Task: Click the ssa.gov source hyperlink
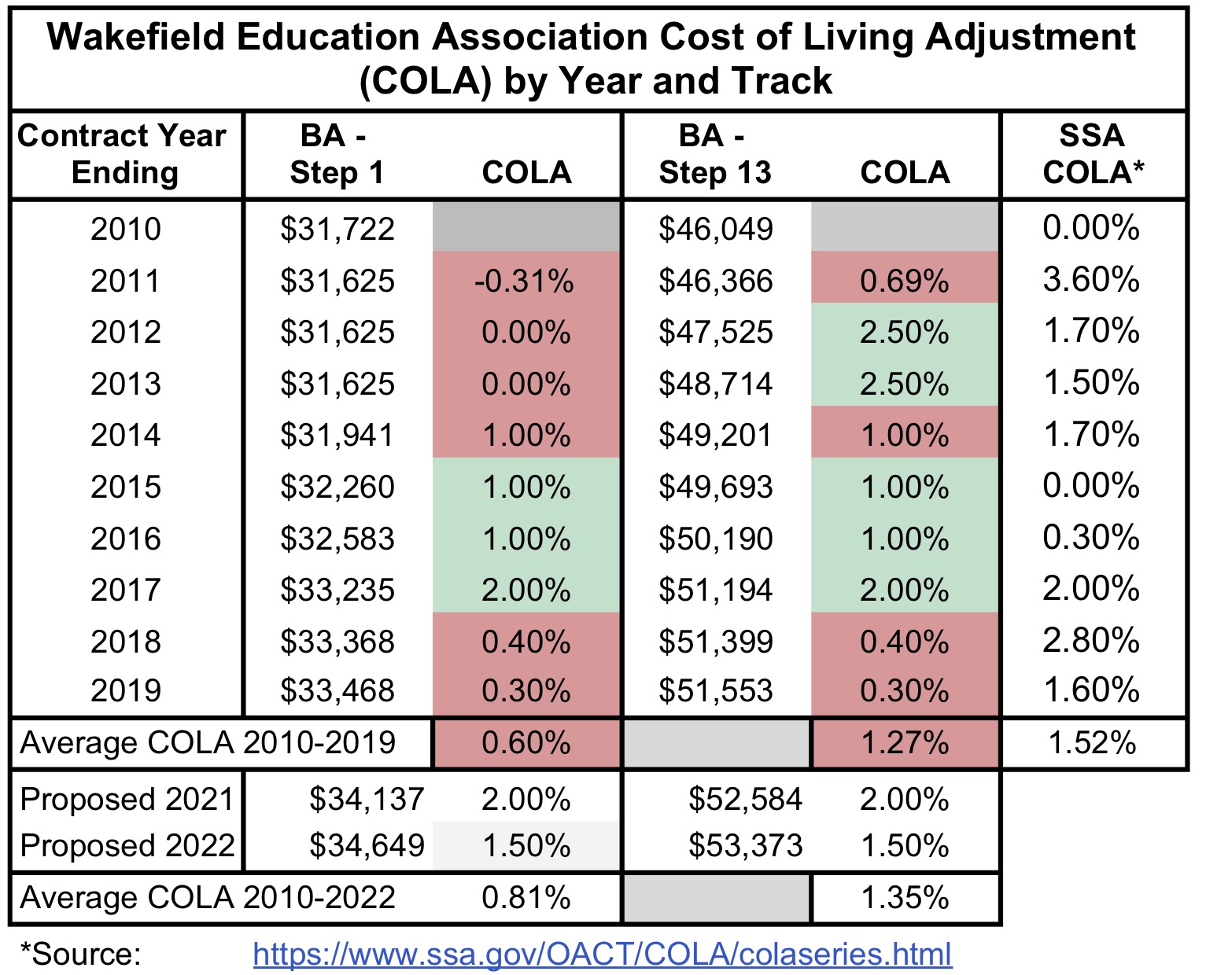pyautogui.click(x=602, y=954)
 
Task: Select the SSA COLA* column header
pyautogui.click(x=1092, y=154)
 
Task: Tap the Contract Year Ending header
pyautogui.click(x=123, y=154)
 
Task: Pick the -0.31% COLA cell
pyautogui.click(x=526, y=281)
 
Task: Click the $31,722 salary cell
pyautogui.click(x=337, y=229)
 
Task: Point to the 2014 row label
pyautogui.click(x=125, y=435)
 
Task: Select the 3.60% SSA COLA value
pyautogui.click(x=1090, y=280)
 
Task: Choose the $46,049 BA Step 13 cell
pyautogui.click(x=715, y=229)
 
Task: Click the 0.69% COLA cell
pyautogui.click(x=904, y=281)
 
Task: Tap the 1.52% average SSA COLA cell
pyautogui.click(x=1092, y=742)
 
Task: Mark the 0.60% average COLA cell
pyautogui.click(x=526, y=742)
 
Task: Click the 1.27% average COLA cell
pyautogui.click(x=905, y=742)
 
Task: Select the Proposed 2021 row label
pyautogui.click(x=127, y=799)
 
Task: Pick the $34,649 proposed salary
pyautogui.click(x=367, y=845)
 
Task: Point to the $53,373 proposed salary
pyautogui.click(x=745, y=845)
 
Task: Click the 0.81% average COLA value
pyautogui.click(x=526, y=897)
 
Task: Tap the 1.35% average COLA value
pyautogui.click(x=905, y=897)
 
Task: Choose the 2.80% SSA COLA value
pyautogui.click(x=1090, y=641)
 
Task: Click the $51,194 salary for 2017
pyautogui.click(x=715, y=590)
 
